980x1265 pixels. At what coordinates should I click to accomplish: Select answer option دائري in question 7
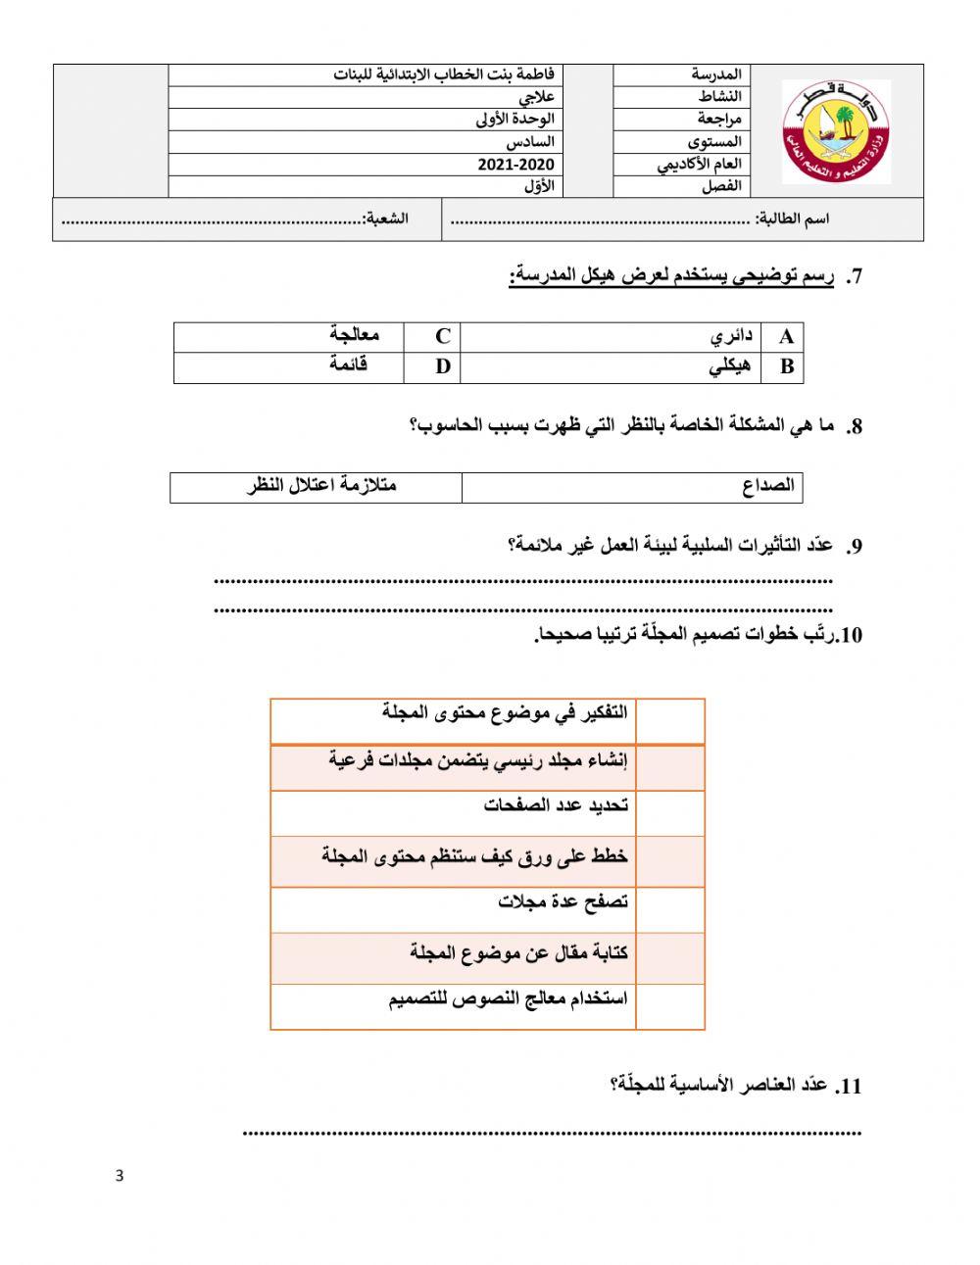pyautogui.click(x=732, y=336)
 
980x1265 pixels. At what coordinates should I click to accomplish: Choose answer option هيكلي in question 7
pyautogui.click(x=729, y=367)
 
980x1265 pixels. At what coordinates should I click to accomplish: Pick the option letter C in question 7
pyautogui.click(x=443, y=336)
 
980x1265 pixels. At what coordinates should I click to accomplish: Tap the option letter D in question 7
pyautogui.click(x=443, y=367)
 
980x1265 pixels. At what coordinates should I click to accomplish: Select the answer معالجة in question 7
pyautogui.click(x=355, y=335)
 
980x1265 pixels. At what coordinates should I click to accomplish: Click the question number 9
pyautogui.click(x=855, y=547)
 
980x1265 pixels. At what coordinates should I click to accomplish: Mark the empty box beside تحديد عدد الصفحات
pyautogui.click(x=670, y=813)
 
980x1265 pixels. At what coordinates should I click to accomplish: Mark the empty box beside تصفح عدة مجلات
pyautogui.click(x=670, y=909)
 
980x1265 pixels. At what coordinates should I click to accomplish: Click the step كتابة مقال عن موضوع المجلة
pyautogui.click(x=518, y=952)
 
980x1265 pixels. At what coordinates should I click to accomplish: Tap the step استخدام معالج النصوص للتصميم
pyautogui.click(x=508, y=1000)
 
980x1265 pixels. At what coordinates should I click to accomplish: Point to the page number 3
pyautogui.click(x=120, y=1176)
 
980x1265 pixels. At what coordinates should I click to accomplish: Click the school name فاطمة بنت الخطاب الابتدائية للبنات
pyautogui.click(x=444, y=75)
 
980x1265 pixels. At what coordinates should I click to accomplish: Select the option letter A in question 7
pyautogui.click(x=786, y=337)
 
